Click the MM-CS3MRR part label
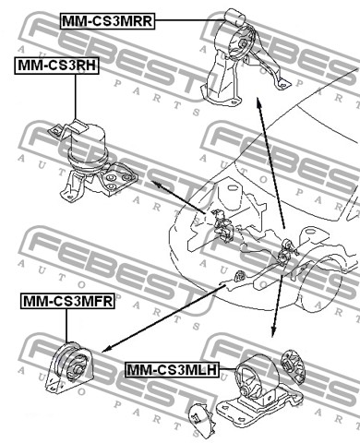(107, 21)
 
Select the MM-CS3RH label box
(56, 66)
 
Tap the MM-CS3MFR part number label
(67, 301)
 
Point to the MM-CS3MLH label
(173, 369)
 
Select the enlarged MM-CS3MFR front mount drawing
(69, 367)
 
